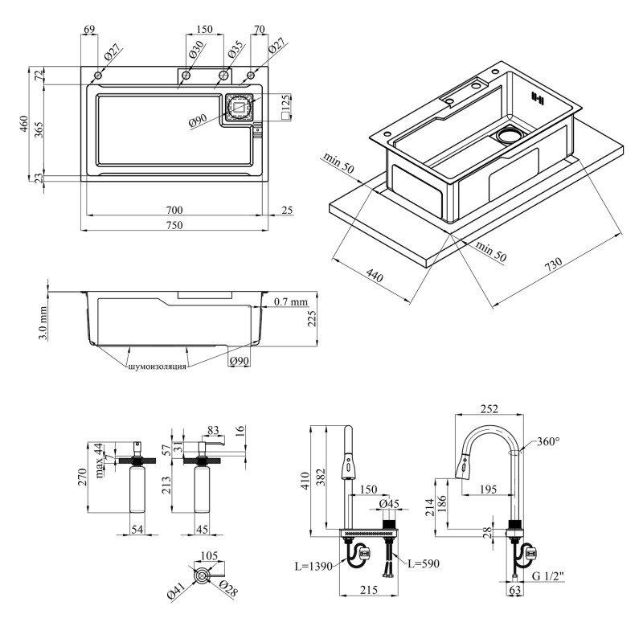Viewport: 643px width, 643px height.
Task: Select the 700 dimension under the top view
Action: [174, 210]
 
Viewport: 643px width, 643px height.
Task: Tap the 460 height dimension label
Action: [24, 124]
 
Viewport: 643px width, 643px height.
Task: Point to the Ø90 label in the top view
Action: [199, 122]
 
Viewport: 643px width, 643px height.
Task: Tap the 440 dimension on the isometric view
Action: [375, 276]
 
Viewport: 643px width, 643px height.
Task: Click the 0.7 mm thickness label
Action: [291, 302]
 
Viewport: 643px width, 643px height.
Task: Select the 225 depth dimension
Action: [313, 321]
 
